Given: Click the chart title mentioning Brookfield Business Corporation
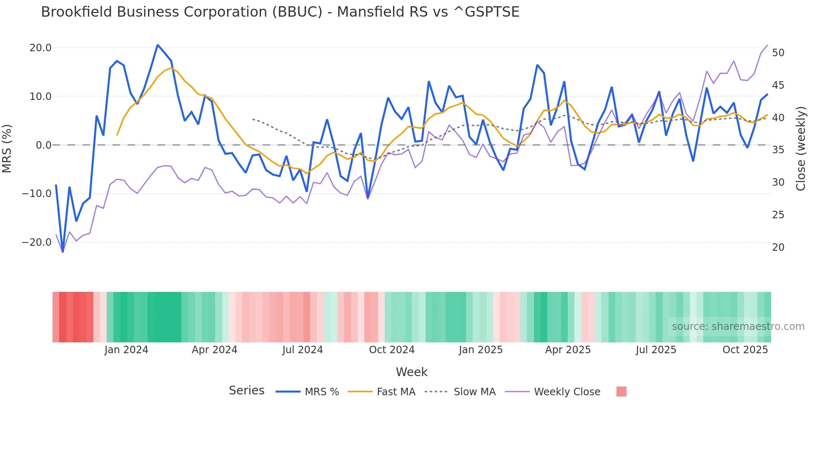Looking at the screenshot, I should pos(280,12).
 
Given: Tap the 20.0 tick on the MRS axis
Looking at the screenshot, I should pos(40,48).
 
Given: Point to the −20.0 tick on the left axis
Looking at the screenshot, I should pos(37,242).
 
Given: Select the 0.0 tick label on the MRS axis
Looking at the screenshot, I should pos(43,145).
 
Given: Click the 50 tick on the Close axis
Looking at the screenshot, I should pos(778,53).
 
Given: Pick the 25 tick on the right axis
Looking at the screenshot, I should pos(778,215).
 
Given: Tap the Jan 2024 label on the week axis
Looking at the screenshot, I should pos(126,350).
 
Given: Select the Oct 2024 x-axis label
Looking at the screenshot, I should pos(392,350).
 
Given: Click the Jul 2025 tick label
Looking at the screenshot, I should pos(656,350).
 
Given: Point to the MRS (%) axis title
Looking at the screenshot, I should pos(7,148).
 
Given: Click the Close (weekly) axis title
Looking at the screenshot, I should pos(801,149).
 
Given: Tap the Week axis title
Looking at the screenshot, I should pos(411,372).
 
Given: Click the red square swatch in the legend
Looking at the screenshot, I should pos(621,392).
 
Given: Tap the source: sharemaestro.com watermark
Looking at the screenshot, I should pos(738,327).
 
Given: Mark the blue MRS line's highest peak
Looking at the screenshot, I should pos(158,45).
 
